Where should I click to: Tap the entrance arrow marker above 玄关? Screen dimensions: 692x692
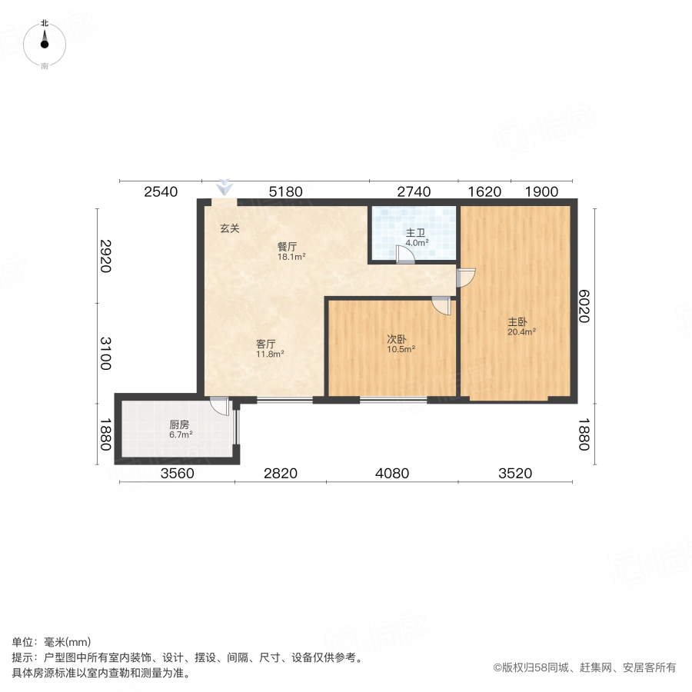(224, 187)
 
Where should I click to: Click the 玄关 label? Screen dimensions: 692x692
(230, 228)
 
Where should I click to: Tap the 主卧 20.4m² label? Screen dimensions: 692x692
(521, 327)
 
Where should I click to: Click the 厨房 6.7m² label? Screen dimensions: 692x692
(181, 428)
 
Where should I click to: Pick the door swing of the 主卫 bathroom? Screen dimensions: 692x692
(404, 255)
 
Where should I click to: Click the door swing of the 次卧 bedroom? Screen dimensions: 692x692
(441, 304)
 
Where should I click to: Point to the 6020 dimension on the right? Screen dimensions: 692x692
(585, 305)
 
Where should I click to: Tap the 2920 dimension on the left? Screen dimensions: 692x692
(105, 256)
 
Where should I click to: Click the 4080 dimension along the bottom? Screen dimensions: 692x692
(391, 474)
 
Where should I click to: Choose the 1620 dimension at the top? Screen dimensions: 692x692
(484, 192)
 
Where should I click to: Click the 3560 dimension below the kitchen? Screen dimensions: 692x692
(178, 474)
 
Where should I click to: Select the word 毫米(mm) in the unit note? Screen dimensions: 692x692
(68, 642)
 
